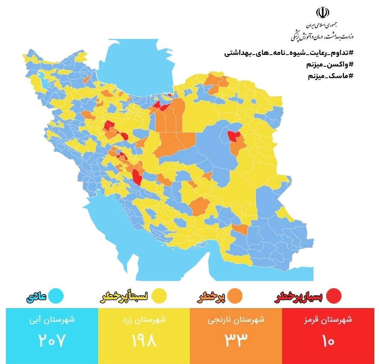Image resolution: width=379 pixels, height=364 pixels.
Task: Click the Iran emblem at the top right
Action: (323, 13)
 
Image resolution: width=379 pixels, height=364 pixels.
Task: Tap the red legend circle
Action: (333, 296)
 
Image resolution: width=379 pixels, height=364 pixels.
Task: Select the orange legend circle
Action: (235, 296)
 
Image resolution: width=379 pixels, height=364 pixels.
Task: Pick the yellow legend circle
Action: (158, 296)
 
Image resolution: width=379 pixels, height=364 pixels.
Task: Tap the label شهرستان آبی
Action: (52, 321)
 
